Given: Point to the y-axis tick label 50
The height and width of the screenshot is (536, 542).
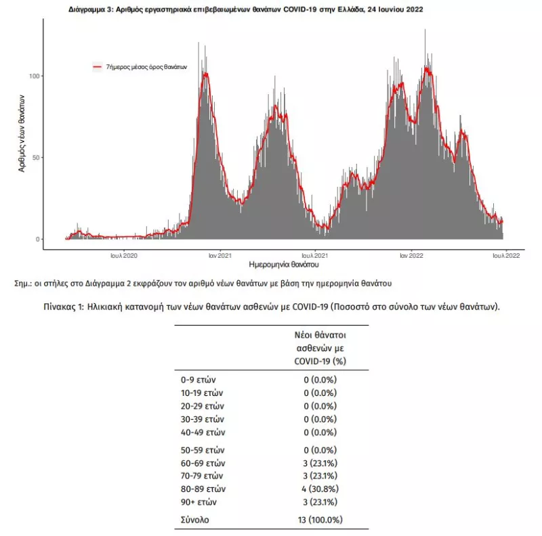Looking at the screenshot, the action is tap(36, 158).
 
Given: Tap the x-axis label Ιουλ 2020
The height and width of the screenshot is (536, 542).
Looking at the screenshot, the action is tap(124, 256).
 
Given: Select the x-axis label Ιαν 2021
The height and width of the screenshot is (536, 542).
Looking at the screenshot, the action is tap(220, 256).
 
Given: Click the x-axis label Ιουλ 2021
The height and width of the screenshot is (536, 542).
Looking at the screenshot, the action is tap(314, 256).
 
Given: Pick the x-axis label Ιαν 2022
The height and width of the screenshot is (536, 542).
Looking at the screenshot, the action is tap(411, 256).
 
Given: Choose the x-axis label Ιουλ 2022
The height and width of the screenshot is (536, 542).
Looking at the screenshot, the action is tap(506, 256).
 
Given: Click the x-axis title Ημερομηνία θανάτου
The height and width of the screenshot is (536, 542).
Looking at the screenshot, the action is tap(284, 265).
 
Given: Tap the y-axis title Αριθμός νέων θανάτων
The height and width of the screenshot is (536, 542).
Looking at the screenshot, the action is tap(22, 133).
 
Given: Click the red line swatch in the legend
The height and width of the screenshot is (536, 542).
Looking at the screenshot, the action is tap(98, 66).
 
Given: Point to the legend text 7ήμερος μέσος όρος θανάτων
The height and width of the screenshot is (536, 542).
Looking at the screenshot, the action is tap(146, 67).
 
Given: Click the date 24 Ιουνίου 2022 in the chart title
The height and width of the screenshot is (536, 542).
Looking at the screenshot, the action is tap(396, 9).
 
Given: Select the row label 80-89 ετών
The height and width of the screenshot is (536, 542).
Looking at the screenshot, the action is tap(203, 489).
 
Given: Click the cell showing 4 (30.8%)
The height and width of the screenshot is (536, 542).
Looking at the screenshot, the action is tap(320, 489).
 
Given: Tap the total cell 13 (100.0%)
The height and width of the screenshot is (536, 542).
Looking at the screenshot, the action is tap(320, 520).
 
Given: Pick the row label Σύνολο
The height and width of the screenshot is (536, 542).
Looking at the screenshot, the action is tap(195, 520).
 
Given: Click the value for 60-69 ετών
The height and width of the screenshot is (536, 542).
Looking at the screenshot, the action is tap(320, 463).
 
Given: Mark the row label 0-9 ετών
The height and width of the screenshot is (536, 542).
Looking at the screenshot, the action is tap(198, 380).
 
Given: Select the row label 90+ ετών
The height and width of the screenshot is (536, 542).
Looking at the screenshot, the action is tap(199, 502).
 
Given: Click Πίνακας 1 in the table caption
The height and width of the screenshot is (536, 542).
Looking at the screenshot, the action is tap(64, 307).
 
